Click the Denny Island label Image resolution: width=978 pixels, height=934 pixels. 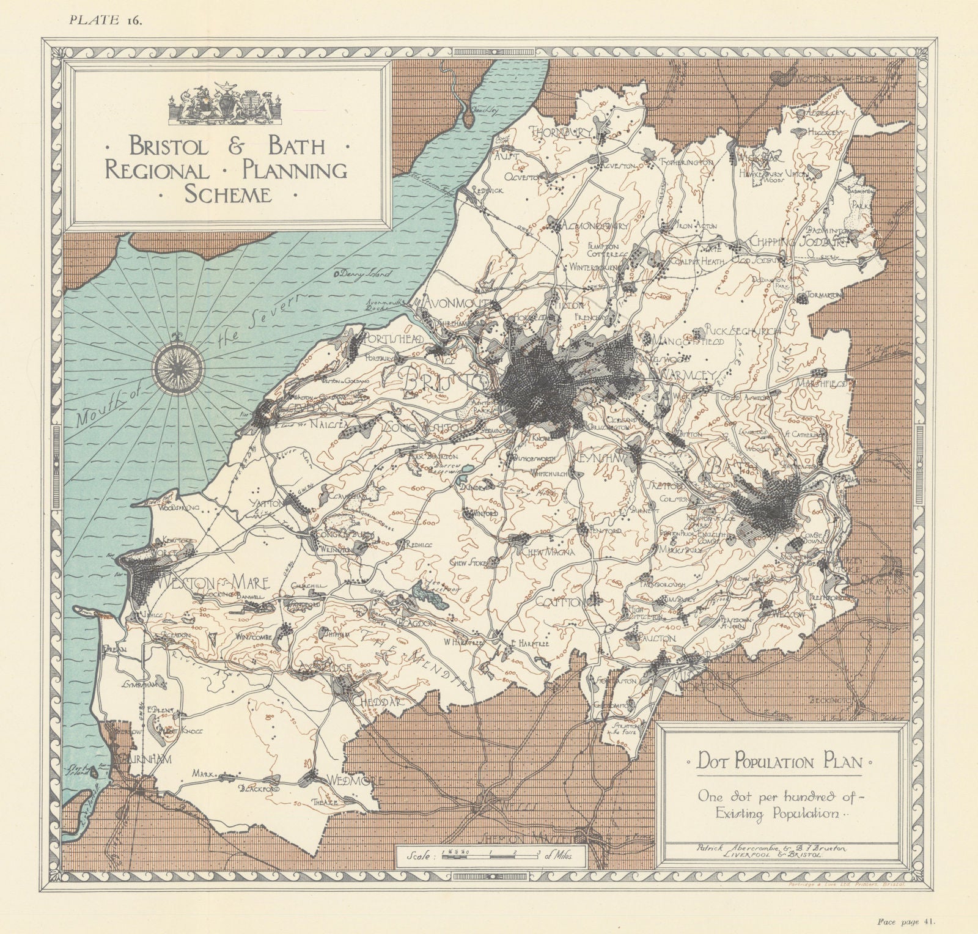pyautogui.click(x=362, y=276)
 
